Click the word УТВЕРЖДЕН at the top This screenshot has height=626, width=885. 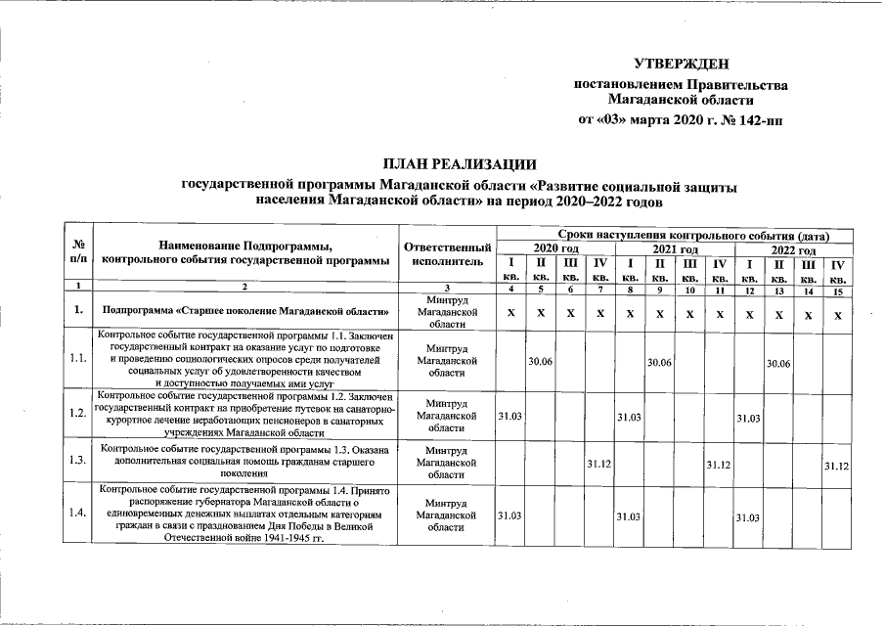681,64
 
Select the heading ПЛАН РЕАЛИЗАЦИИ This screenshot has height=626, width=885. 460,163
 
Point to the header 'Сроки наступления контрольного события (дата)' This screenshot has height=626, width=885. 694,236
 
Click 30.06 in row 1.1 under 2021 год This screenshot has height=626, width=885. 659,362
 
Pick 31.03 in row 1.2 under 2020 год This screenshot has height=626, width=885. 509,416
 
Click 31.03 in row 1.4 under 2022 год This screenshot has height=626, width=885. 748,515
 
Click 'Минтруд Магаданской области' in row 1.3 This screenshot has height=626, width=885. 446,461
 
